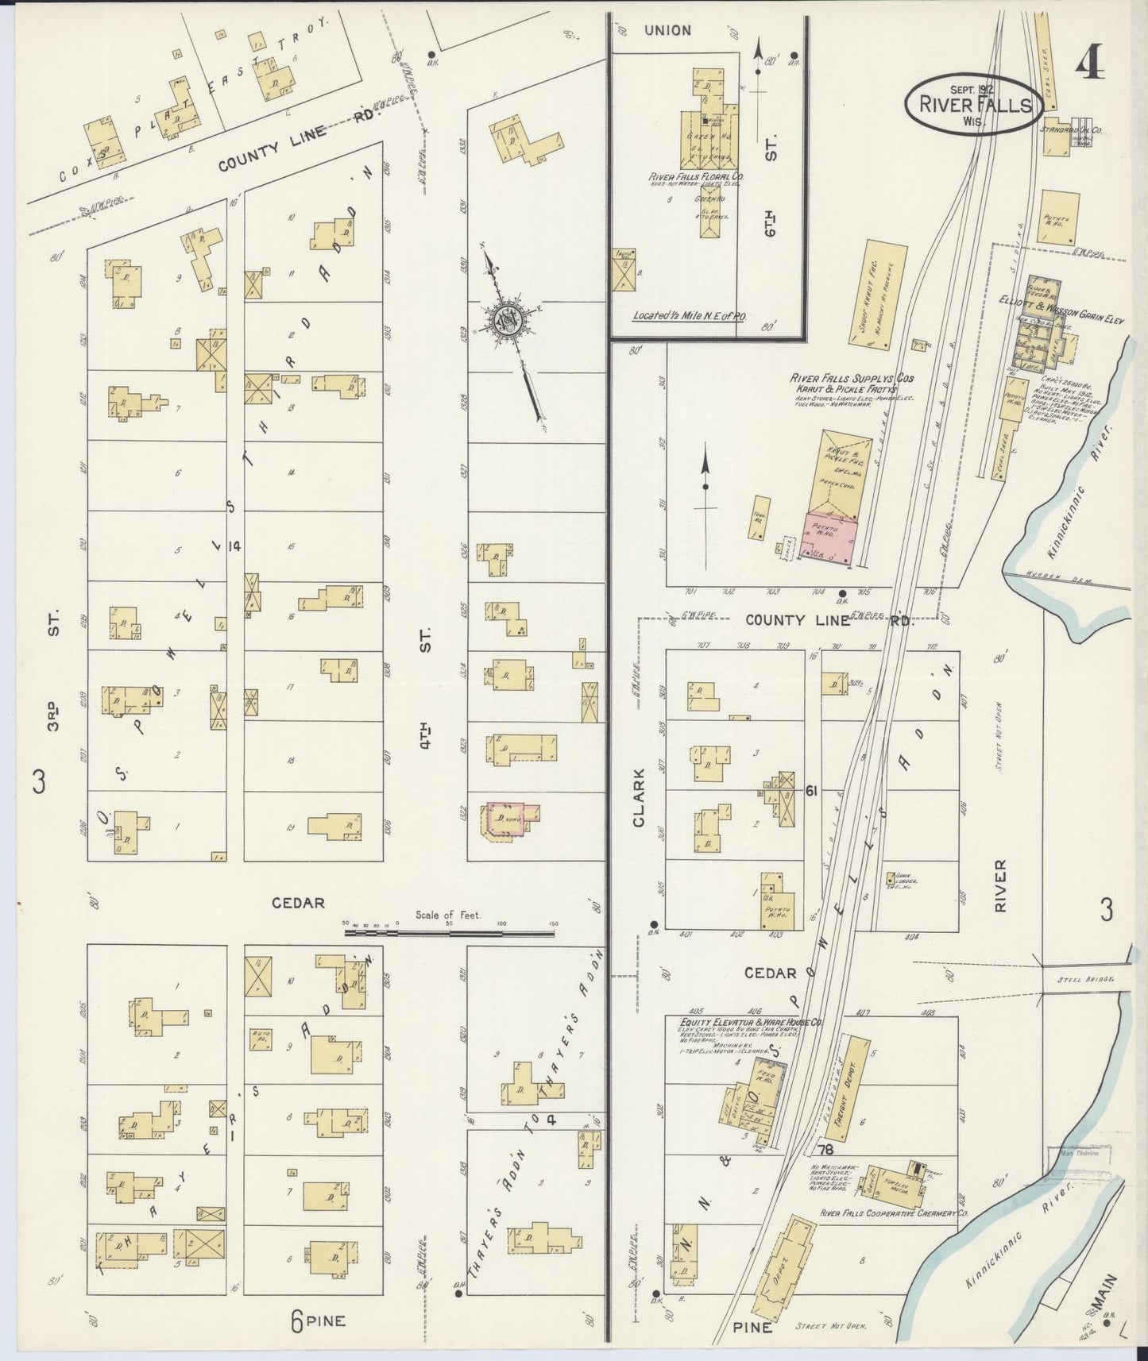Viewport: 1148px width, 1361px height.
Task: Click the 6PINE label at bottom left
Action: pyautogui.click(x=318, y=1321)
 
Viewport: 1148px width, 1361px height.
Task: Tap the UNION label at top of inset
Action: pyautogui.click(x=667, y=30)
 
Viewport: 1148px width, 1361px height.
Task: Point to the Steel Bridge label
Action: pyautogui.click(x=1085, y=980)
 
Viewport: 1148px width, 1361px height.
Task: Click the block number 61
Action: pyautogui.click(x=811, y=791)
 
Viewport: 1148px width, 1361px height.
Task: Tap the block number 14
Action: pyautogui.click(x=233, y=546)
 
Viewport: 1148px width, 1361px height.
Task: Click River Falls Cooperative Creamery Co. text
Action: pyautogui.click(x=895, y=1214)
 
